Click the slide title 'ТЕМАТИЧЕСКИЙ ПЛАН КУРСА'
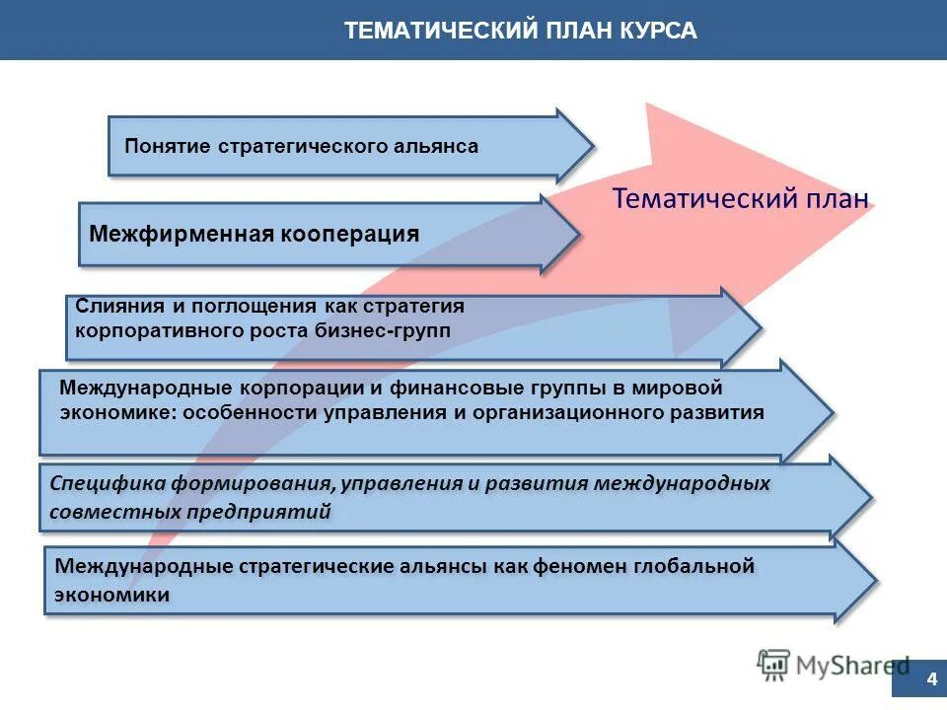tap(521, 31)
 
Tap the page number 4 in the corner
tap(931, 679)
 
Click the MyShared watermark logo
tap(833, 666)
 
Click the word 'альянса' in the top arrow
tap(437, 146)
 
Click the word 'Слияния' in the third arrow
tap(113, 307)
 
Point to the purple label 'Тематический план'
tap(740, 198)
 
